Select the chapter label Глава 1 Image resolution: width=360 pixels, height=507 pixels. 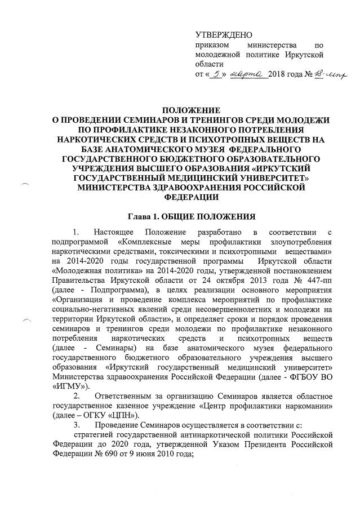(x=144, y=216)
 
